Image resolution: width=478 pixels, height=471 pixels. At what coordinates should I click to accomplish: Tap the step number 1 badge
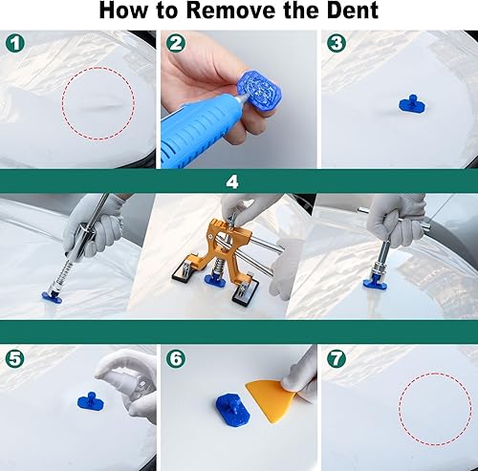tap(12, 43)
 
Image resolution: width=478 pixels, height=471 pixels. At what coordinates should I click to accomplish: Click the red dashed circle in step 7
tap(436, 411)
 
